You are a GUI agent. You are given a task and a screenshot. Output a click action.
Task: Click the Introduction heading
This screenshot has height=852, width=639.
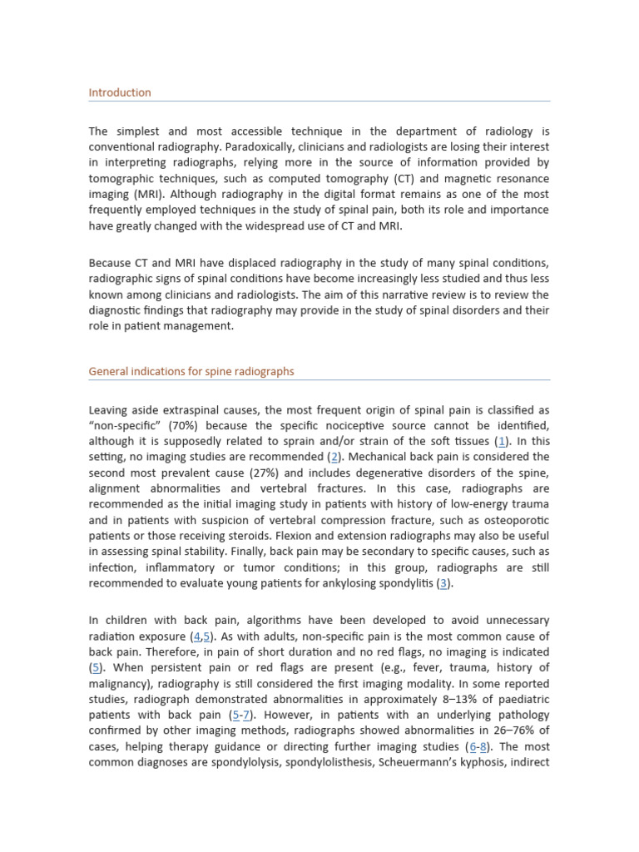click(120, 92)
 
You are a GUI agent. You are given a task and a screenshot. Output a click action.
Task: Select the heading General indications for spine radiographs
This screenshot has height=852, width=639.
click(191, 371)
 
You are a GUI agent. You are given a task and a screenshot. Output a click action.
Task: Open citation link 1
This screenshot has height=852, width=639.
click(501, 441)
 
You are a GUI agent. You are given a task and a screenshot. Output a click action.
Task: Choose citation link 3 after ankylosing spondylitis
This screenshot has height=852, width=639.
click(446, 582)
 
